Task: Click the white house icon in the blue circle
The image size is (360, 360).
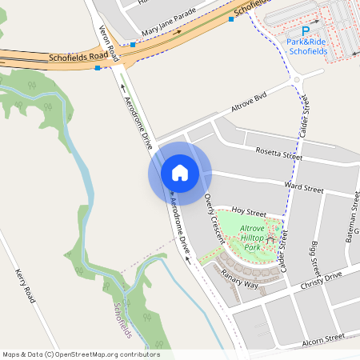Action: pos(180,173)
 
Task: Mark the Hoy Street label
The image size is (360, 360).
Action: pos(247,212)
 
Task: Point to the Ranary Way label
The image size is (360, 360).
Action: pos(240,279)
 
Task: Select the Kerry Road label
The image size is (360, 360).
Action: pos(25,285)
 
